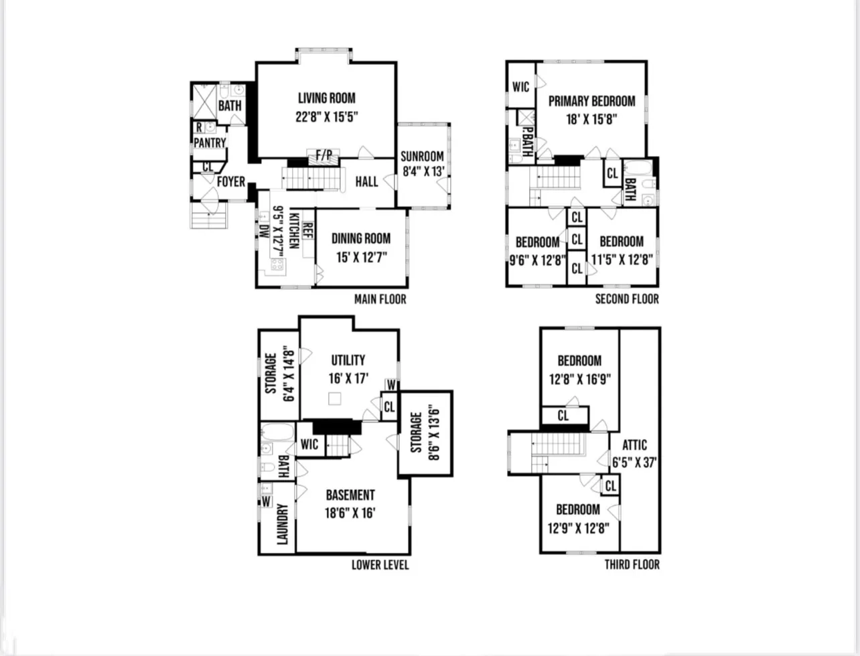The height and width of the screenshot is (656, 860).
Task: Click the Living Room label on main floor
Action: [327, 98]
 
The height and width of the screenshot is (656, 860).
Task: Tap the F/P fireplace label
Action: [324, 155]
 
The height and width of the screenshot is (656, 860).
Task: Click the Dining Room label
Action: [360, 239]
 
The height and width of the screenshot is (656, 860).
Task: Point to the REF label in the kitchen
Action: [307, 230]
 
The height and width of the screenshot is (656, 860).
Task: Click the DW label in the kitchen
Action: [264, 231]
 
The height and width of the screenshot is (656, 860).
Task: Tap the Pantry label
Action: [210, 143]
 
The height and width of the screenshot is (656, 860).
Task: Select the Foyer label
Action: [231, 181]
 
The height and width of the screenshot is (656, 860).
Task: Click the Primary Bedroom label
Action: [591, 101]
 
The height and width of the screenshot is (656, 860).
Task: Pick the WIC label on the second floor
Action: [520, 87]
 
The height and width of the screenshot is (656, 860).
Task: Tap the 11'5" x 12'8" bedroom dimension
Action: [622, 259]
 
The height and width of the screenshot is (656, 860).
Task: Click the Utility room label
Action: [348, 360]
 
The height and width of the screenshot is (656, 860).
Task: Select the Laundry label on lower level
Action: [282, 524]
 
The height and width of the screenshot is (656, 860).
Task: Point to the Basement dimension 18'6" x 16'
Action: [350, 513]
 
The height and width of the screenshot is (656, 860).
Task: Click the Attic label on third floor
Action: [634, 445]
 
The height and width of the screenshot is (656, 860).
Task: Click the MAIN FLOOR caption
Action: [380, 299]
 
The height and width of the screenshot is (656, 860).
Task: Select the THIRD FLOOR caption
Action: [632, 564]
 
